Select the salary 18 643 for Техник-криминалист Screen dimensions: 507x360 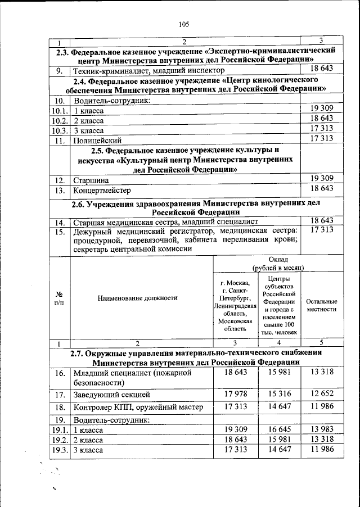tap(322, 69)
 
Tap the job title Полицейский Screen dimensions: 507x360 tap(97, 139)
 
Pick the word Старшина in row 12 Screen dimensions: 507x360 tap(90, 180)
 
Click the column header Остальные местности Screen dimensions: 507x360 tap(321, 305)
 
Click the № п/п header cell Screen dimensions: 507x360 tap(58, 298)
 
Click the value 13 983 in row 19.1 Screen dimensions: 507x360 tap(321, 429)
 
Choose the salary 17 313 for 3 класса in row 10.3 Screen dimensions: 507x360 tap(322, 129)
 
